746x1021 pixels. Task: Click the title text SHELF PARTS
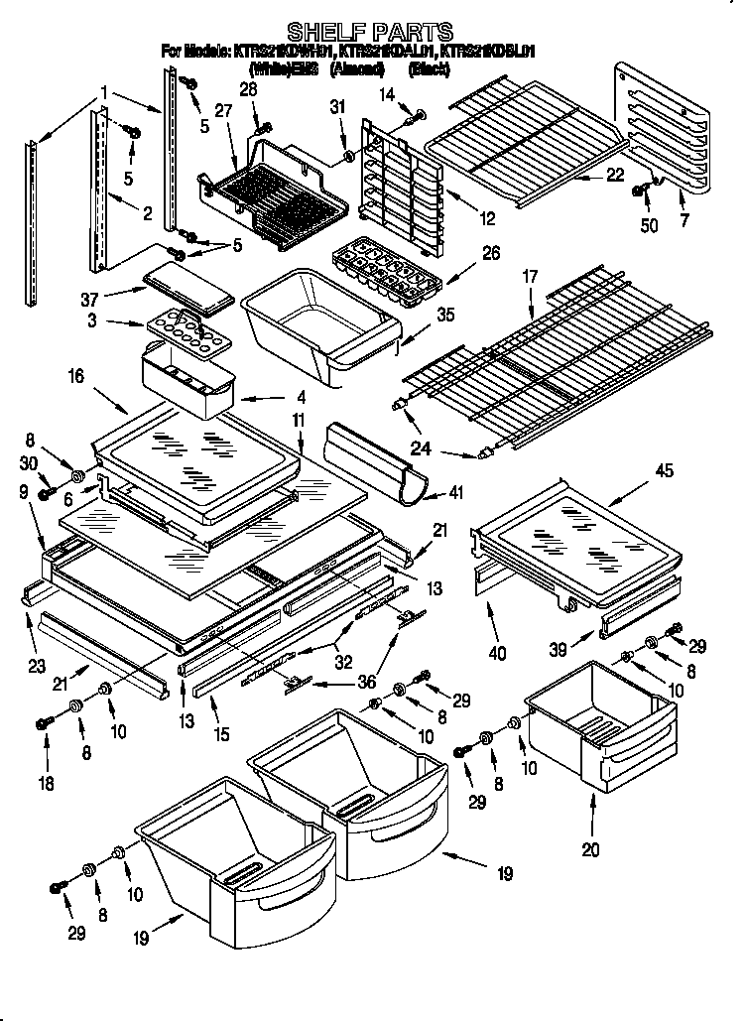point(370,33)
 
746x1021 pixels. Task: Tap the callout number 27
point(222,112)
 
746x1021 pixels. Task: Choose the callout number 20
point(592,848)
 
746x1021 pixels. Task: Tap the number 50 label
point(648,226)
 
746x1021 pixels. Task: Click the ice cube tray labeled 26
point(386,269)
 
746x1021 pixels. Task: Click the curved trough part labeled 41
point(377,461)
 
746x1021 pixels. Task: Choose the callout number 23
point(36,667)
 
